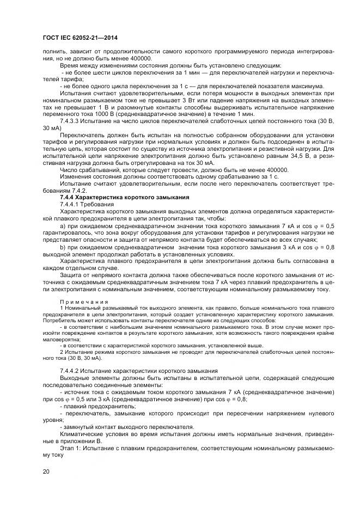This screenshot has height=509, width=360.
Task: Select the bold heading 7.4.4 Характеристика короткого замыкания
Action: [x=124, y=197]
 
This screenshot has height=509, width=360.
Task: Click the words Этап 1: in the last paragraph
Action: [x=71, y=448]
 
